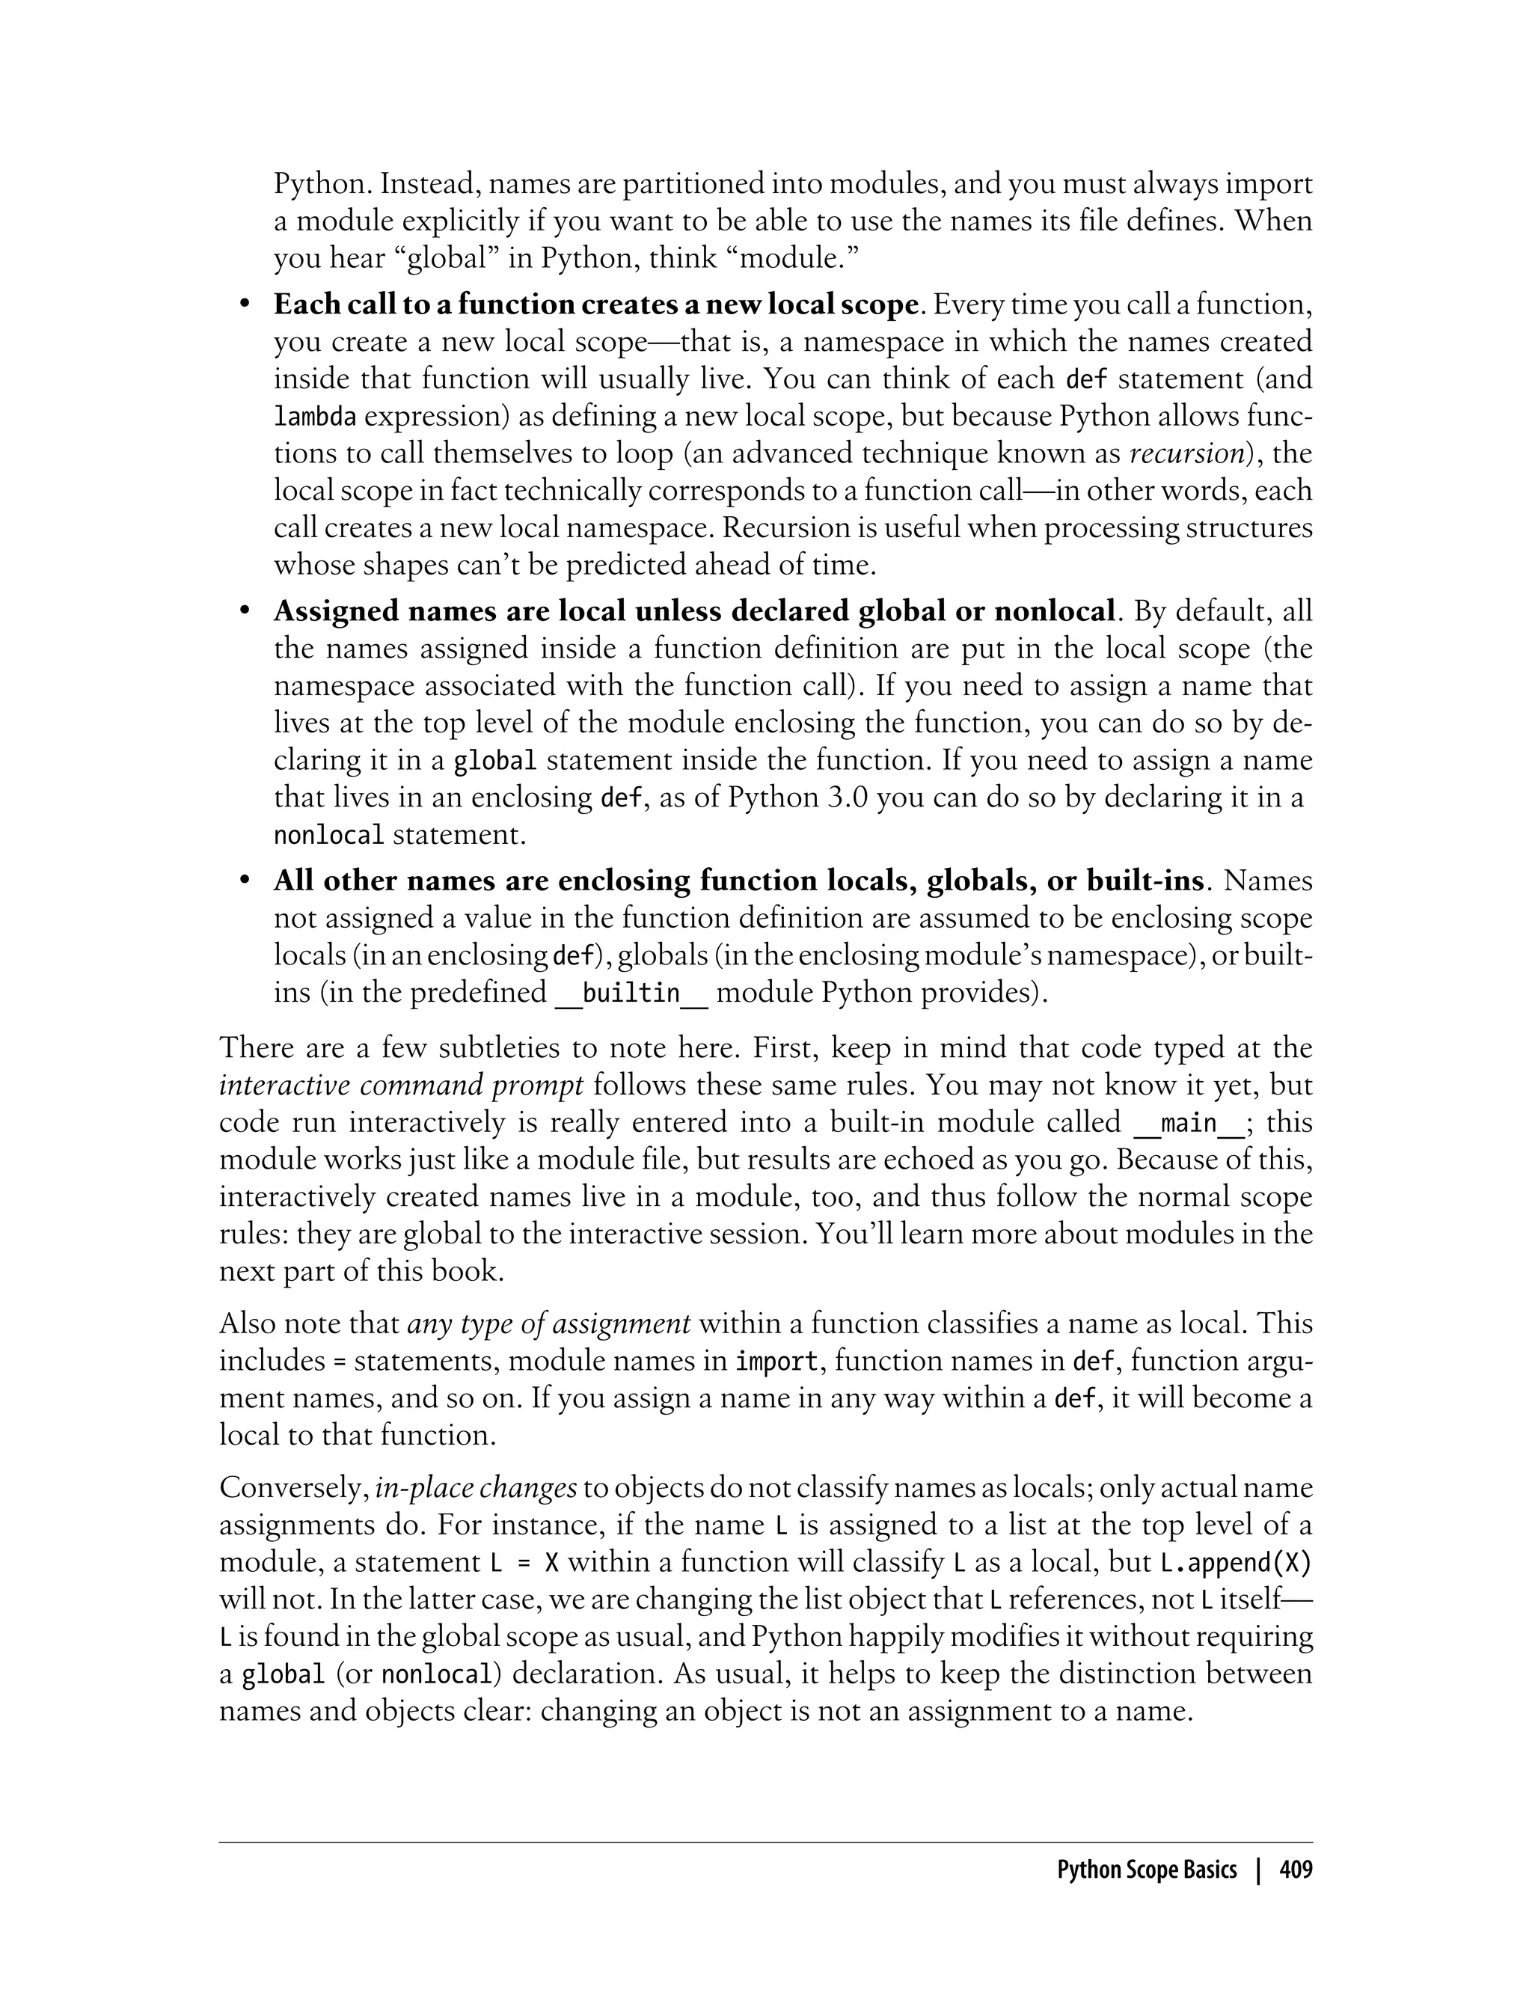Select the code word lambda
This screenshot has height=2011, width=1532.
[x=315, y=417]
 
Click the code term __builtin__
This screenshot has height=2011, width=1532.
[x=631, y=992]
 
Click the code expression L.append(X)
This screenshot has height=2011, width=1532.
[x=1235, y=1562]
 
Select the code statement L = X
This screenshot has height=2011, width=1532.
[x=524, y=1562]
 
